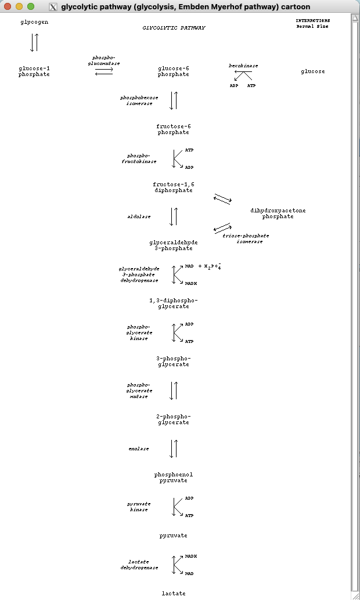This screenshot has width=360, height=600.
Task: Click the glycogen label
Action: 34,22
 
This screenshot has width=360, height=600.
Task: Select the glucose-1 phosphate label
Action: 34,71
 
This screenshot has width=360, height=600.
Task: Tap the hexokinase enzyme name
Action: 243,66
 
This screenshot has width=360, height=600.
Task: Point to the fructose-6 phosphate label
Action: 173,129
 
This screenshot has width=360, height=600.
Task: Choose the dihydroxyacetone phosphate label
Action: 278,214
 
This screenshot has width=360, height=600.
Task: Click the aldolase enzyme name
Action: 139,216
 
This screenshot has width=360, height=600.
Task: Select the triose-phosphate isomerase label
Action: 246,238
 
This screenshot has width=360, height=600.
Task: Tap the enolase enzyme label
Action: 139,449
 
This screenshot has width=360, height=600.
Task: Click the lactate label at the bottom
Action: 174,594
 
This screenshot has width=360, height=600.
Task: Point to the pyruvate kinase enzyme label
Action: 139,507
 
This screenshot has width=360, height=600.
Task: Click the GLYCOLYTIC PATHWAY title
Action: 174,27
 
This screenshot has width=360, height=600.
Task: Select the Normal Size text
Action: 312,26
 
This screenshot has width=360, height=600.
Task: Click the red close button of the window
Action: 8,6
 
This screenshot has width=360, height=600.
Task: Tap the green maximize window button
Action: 31,6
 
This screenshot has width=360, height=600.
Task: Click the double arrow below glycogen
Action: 34,42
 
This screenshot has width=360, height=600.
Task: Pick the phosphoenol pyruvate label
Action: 173,478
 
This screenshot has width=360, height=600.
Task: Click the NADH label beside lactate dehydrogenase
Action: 191,556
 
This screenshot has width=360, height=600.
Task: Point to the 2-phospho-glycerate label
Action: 173,420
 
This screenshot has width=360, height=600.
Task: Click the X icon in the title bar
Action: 53,7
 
